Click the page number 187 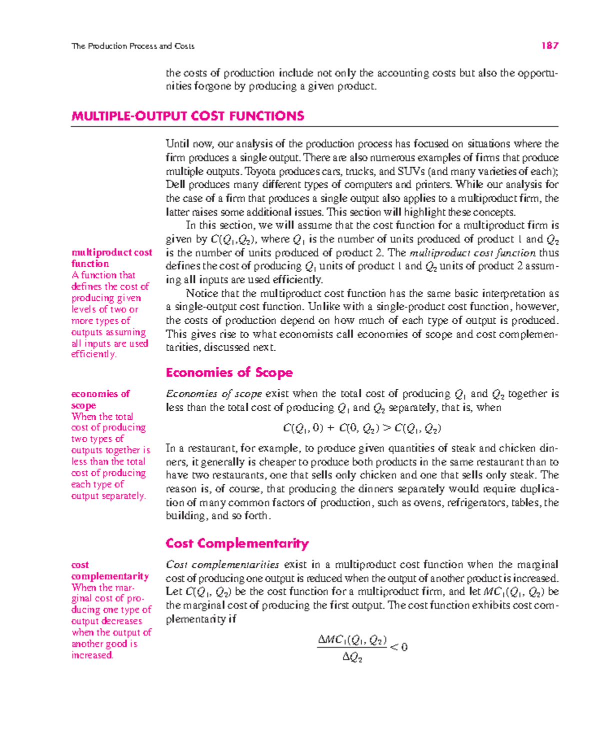point(549,46)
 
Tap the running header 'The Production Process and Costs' point(132,46)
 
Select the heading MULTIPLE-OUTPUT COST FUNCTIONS point(187,116)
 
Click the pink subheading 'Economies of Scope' point(229,372)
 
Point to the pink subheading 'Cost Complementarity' point(237,543)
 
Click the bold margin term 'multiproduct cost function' point(111,258)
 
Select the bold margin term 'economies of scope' point(100,399)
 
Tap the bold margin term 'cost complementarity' point(109,570)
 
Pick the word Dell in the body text point(175,185)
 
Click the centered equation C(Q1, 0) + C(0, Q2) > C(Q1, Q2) point(362,428)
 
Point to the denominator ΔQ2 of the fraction point(352,657)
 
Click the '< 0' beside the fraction point(398,647)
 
